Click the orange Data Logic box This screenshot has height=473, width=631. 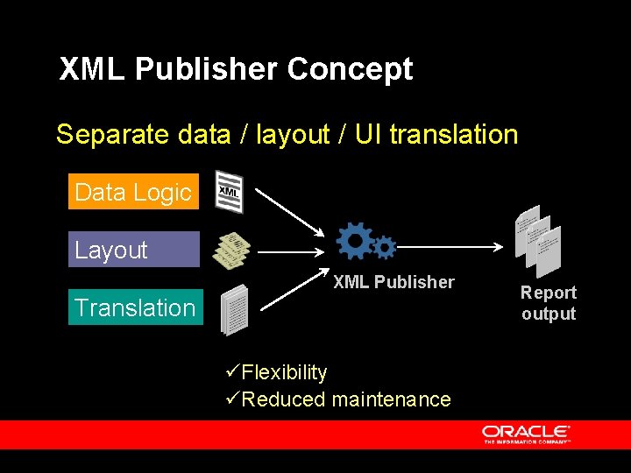click(133, 192)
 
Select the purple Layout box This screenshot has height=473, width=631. click(133, 250)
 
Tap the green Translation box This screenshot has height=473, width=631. click(135, 307)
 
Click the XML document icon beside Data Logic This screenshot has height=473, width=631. click(229, 191)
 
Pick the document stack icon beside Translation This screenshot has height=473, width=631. click(234, 309)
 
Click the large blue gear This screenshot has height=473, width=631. click(355, 240)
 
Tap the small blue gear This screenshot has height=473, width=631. click(384, 247)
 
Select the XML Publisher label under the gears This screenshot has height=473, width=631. click(393, 282)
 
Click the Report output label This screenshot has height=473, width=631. click(549, 303)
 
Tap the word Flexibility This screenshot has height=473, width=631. click(284, 372)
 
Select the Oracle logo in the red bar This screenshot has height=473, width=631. click(526, 434)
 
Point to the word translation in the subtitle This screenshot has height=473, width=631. click(454, 135)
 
